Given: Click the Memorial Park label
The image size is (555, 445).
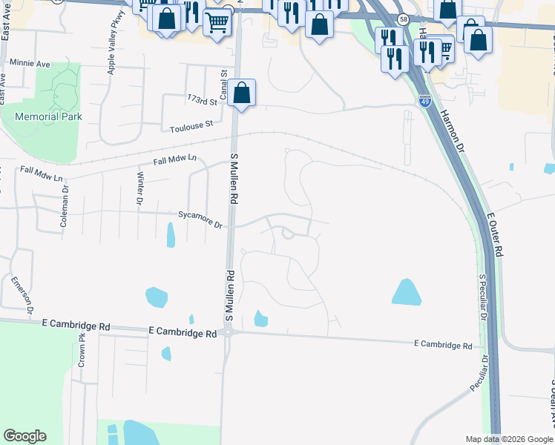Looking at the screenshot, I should [52, 116].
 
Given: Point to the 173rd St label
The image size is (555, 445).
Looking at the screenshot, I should [202, 99].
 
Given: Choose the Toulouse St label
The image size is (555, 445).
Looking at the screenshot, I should [191, 125].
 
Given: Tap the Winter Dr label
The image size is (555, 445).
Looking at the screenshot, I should [139, 188].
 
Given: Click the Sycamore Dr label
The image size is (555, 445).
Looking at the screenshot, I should [200, 219].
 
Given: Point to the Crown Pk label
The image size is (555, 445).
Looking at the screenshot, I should [82, 351].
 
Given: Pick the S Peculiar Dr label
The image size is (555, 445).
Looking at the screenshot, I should [482, 297].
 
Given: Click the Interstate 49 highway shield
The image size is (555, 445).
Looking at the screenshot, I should [424, 100].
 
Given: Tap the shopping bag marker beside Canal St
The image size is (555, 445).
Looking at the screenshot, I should [241, 93].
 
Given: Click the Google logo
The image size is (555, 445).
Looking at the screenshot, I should [24, 436].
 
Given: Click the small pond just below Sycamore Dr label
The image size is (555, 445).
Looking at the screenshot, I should [171, 235].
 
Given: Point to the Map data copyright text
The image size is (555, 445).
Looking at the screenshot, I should [508, 439].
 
